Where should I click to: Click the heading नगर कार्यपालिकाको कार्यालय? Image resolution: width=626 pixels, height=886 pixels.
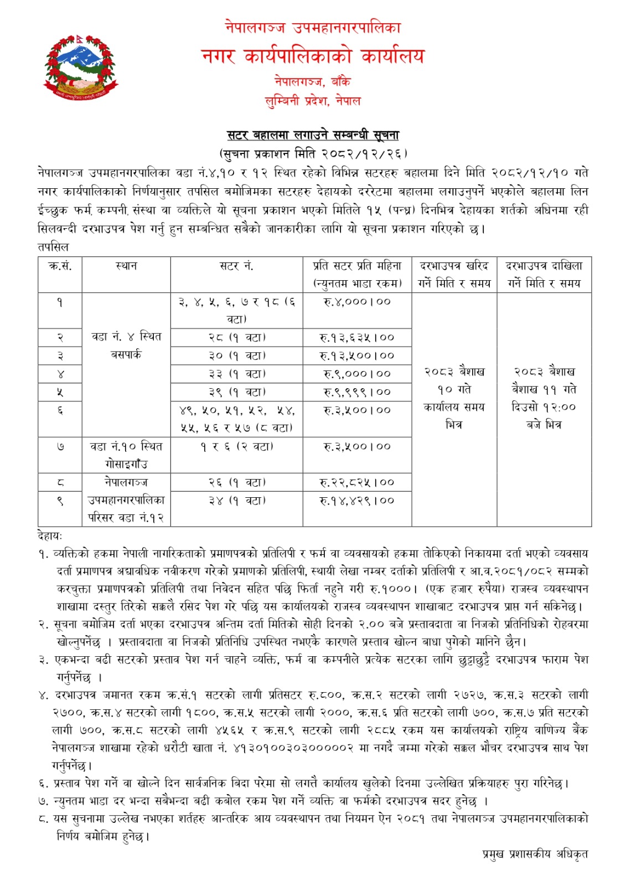click(x=313, y=55)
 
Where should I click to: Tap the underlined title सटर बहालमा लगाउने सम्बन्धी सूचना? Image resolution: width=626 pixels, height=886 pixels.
click(x=313, y=135)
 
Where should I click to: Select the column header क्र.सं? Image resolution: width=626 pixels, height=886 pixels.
click(x=60, y=266)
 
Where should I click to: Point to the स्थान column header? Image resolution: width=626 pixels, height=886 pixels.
click(x=126, y=266)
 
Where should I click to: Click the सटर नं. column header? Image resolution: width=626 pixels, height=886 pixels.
click(x=236, y=266)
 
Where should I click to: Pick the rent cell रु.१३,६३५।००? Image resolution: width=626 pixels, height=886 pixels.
click(x=357, y=337)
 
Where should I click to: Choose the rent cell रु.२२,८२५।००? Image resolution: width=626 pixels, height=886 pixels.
click(x=357, y=482)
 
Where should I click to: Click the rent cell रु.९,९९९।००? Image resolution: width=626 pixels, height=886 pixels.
click(x=357, y=392)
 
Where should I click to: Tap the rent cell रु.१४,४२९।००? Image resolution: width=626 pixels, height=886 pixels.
click(x=357, y=501)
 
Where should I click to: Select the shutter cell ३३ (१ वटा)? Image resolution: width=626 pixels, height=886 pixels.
click(x=236, y=374)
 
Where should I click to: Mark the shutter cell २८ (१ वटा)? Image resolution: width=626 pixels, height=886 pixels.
click(x=236, y=337)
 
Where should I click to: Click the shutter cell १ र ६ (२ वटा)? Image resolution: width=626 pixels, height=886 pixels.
click(x=236, y=446)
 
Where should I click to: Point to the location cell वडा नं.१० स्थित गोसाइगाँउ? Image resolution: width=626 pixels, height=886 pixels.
click(x=126, y=455)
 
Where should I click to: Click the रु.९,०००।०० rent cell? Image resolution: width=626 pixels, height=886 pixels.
click(x=357, y=374)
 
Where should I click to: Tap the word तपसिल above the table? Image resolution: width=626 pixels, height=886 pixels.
click(x=53, y=246)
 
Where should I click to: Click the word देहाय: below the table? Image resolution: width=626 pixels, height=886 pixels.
click(x=50, y=535)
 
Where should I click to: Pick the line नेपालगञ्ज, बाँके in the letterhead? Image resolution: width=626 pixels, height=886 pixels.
click(x=313, y=82)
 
